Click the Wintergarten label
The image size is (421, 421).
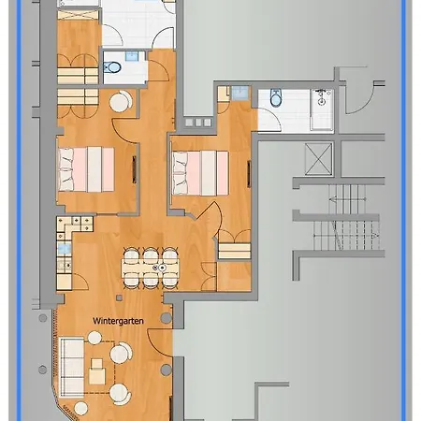coord(118,321)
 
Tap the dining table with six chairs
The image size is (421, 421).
coord(151,268)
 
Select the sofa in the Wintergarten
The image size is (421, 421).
coord(72,367)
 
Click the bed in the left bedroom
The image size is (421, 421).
coord(86,169)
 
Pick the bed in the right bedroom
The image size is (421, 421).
coord(200,173)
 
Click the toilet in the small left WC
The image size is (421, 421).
coord(111,66)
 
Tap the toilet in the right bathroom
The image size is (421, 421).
coord(276,97)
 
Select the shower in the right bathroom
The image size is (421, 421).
coord(322,109)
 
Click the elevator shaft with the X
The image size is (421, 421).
coord(318,159)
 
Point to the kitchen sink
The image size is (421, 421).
coord(65,249)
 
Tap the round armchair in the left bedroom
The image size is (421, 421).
coord(121,101)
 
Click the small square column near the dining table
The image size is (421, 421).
coord(119,298)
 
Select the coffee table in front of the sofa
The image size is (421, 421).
coord(97,371)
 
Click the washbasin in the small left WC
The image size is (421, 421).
coord(132,56)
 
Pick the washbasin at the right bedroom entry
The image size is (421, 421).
coord(240,93)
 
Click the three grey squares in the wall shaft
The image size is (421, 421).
coord(198,123)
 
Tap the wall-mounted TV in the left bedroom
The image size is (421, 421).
coord(135,169)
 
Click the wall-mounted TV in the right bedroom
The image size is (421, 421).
coord(249,174)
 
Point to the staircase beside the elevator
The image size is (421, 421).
coord(346,217)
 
